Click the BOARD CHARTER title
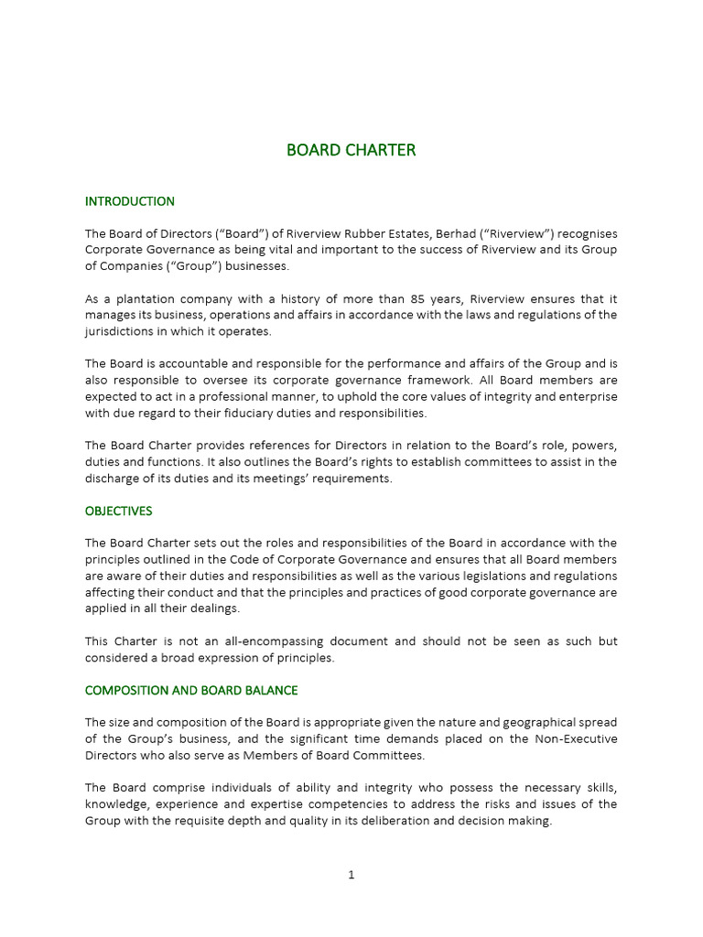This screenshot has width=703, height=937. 351,150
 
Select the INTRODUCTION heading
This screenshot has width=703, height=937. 129,201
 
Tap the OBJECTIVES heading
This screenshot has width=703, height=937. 118,511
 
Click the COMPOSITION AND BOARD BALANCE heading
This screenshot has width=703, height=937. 190,690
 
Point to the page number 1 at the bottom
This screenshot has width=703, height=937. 351,875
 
